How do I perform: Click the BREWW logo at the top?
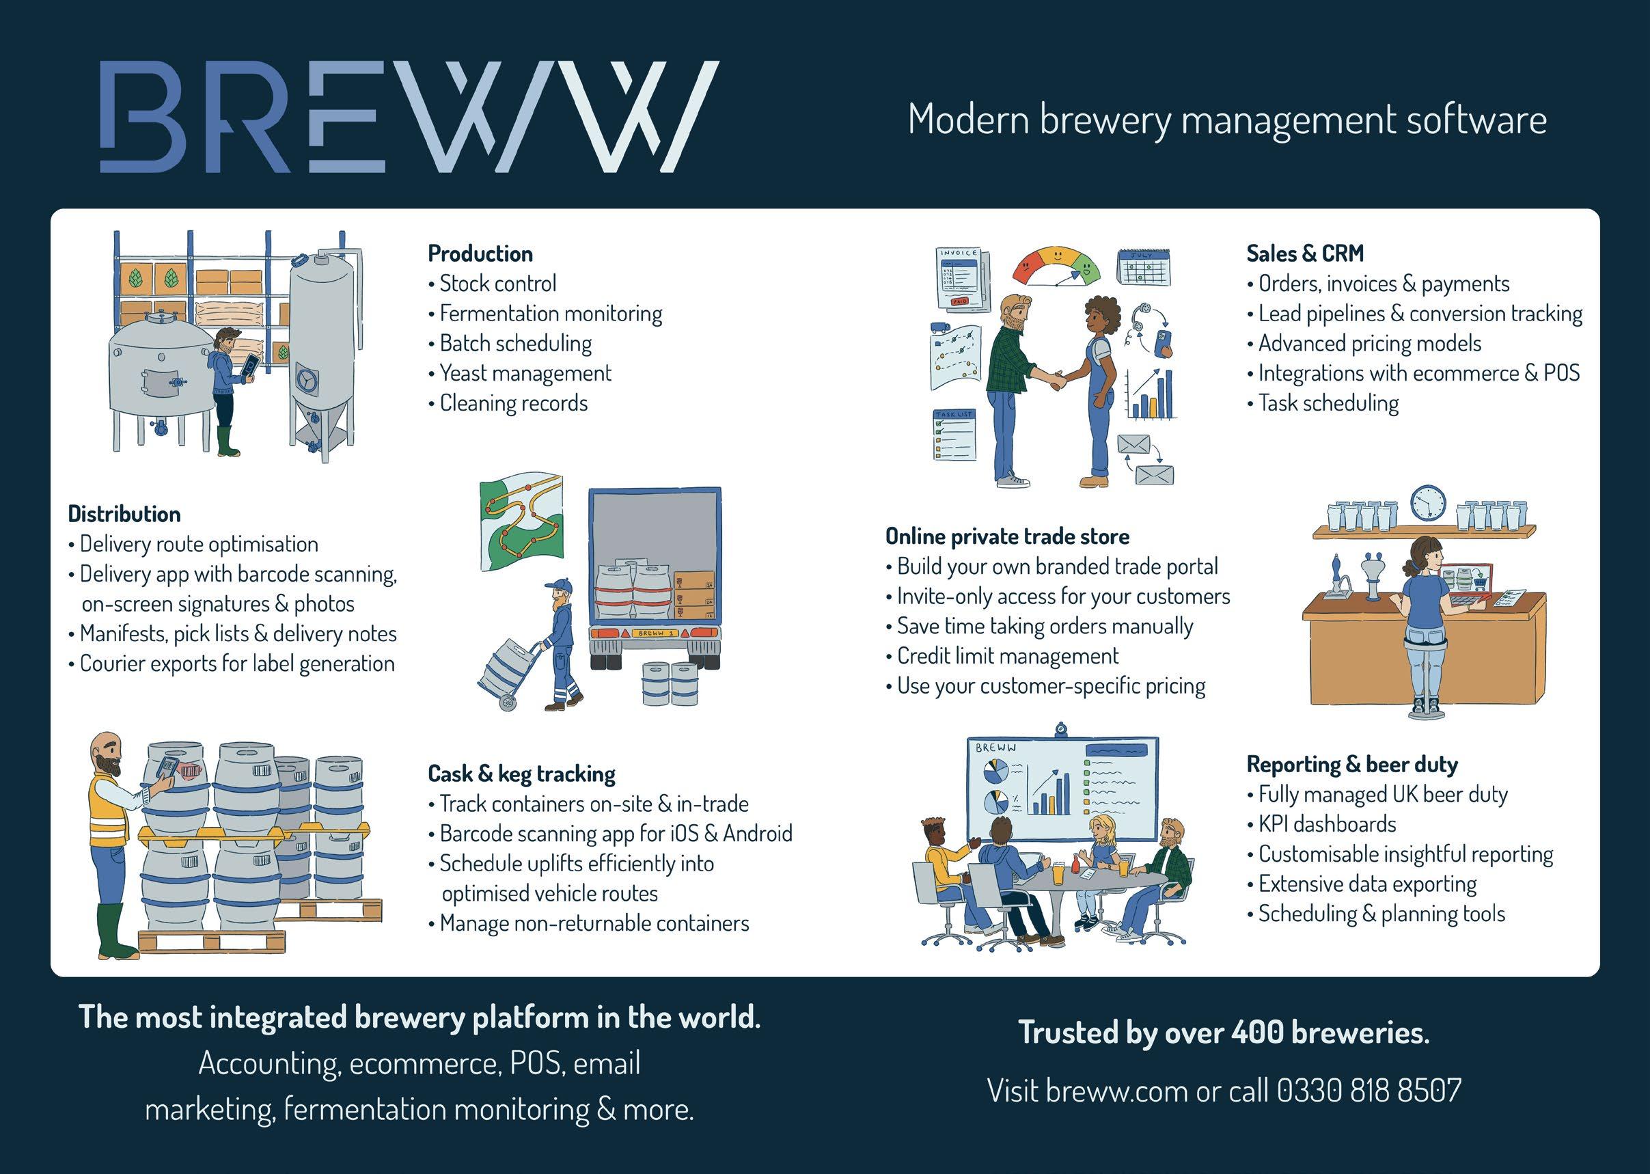[x=409, y=117]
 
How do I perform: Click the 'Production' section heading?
[x=480, y=254]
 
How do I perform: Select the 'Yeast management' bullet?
[x=525, y=373]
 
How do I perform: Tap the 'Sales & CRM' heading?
[x=1304, y=254]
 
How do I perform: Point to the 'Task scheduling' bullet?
[x=1328, y=402]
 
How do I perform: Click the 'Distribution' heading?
[x=124, y=514]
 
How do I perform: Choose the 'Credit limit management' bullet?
[x=1007, y=655]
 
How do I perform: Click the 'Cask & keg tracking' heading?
[x=521, y=774]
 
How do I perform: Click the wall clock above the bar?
[x=1428, y=503]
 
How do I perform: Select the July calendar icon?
[x=1144, y=267]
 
